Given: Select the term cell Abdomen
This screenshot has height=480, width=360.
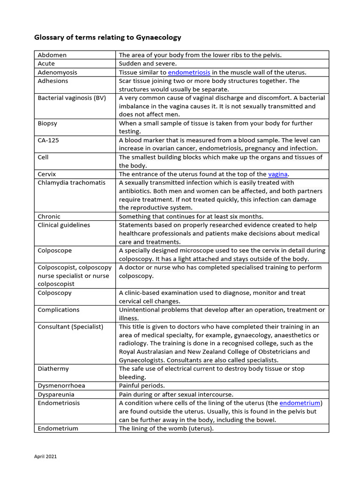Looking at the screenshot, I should [x=52, y=55].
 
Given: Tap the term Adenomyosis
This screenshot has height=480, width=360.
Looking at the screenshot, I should [x=57, y=72].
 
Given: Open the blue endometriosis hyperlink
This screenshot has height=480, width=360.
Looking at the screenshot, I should [x=189, y=72].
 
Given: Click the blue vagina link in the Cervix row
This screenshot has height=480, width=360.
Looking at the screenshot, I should [x=277, y=174].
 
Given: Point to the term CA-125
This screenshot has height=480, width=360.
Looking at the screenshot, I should [x=48, y=140].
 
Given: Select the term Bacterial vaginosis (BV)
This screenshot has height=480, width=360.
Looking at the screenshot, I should [x=72, y=98].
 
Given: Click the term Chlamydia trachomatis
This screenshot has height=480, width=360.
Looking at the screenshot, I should [x=71, y=182].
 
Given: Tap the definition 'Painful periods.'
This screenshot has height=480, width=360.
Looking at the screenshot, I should [x=142, y=385].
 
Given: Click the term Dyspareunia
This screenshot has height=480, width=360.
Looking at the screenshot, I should [x=56, y=394].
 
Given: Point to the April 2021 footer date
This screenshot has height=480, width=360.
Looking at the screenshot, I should [x=45, y=456].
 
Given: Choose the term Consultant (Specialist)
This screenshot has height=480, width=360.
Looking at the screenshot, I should [x=70, y=326].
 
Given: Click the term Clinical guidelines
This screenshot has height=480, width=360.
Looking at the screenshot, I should [x=64, y=225].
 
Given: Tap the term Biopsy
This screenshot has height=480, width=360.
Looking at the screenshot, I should [x=47, y=123].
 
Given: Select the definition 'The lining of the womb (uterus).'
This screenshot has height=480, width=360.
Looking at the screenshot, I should [x=166, y=428].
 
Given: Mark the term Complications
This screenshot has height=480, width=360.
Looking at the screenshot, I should [x=59, y=309].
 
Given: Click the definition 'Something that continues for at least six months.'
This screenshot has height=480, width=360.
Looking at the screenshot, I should [x=191, y=217].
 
